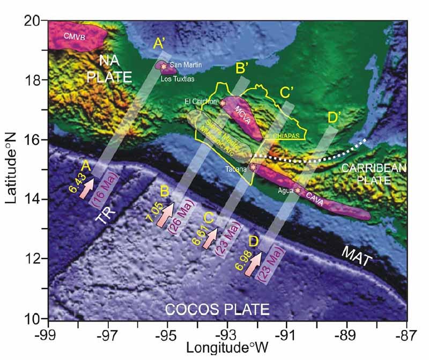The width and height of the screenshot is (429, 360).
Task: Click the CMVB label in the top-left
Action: [x=75, y=38]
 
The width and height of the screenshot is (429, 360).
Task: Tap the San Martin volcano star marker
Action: [x=164, y=66]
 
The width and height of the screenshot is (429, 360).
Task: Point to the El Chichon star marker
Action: [x=223, y=102]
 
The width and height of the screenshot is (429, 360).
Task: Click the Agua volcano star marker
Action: [x=298, y=190]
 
